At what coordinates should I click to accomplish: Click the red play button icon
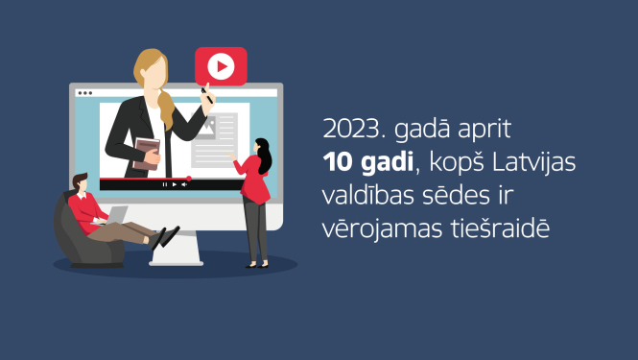pyautogui.click(x=221, y=66)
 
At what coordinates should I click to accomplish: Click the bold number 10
pyautogui.click(x=337, y=163)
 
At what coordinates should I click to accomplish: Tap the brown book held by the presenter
pyautogui.click(x=146, y=155)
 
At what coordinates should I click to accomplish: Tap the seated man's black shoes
pyautogui.click(x=165, y=237)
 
